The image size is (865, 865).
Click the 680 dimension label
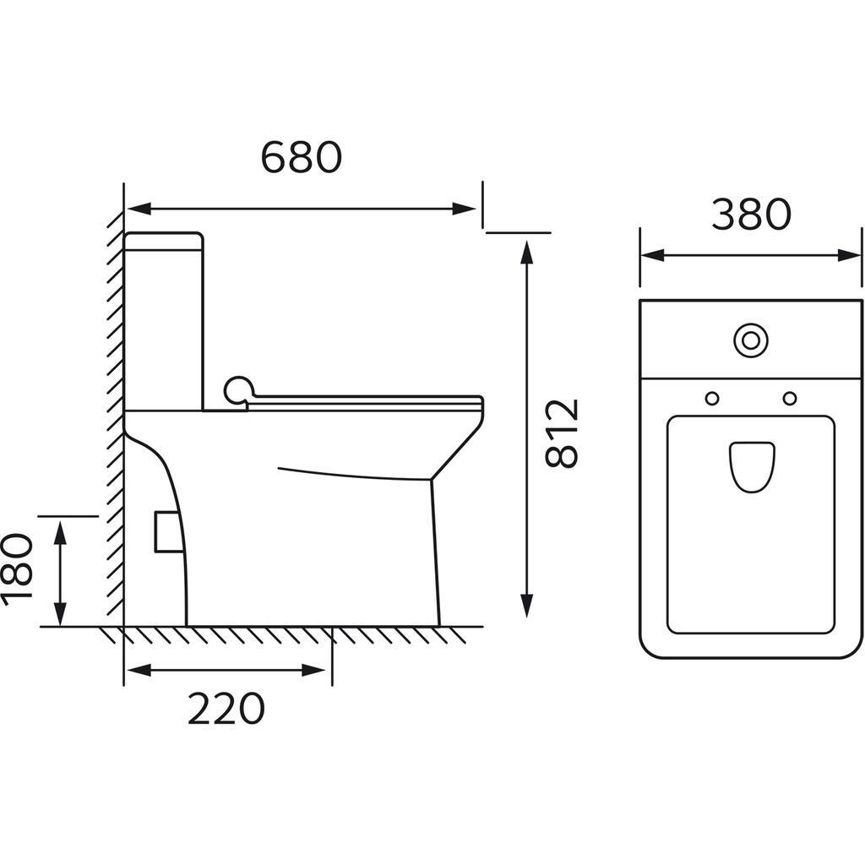pos(301,157)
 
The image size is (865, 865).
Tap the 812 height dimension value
pos(563,432)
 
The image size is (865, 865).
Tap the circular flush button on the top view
pos(749,340)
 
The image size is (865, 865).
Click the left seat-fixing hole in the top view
pos(712,398)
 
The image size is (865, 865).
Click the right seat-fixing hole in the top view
pos(790,398)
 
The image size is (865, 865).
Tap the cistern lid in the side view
pos(164,240)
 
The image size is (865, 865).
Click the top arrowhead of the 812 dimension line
pos(526,250)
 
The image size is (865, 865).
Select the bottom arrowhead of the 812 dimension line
pos(526,606)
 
